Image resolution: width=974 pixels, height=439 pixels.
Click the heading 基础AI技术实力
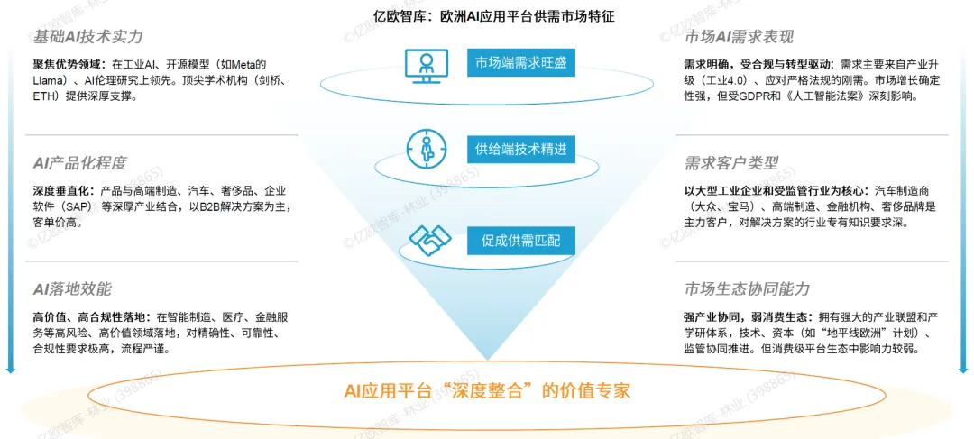coord(87,37)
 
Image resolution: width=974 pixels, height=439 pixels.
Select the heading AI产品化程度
coord(79,163)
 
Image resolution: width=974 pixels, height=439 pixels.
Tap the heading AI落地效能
coord(72,288)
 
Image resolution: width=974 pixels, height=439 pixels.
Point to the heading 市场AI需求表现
coord(739,37)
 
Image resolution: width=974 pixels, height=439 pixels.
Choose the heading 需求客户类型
coord(731,163)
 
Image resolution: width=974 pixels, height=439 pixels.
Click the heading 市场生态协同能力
coord(747,288)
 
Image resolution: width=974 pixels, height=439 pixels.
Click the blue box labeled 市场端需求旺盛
coord(520,62)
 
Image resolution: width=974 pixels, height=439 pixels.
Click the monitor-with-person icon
coord(425,63)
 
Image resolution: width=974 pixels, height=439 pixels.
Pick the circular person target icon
coord(425,148)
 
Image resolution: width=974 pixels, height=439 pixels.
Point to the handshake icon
coord(430,240)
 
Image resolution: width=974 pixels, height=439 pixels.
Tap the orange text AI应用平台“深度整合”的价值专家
coord(487,390)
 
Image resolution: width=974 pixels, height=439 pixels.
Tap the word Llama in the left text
coord(50,79)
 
